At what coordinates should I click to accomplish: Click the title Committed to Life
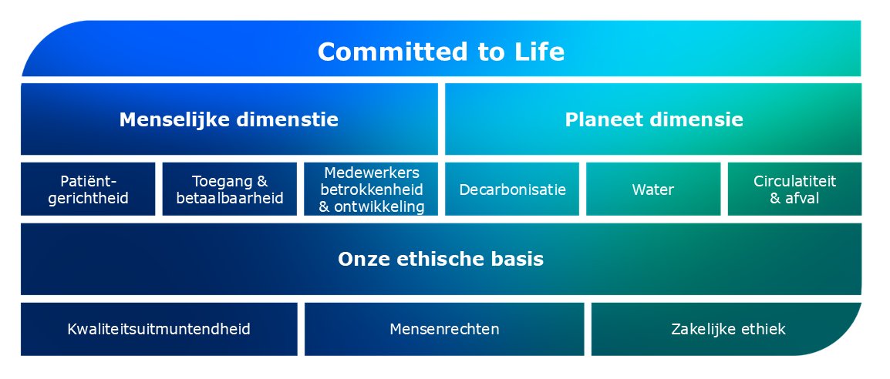point(440,52)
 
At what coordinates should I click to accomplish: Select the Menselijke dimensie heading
point(228,120)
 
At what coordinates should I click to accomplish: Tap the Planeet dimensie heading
point(653,120)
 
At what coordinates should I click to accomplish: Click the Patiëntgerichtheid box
point(88,189)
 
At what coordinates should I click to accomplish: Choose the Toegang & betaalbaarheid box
point(229,189)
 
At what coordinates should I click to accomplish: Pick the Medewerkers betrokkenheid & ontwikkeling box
point(371,189)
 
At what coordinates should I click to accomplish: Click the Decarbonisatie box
point(512,189)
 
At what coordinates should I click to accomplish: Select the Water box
point(653,189)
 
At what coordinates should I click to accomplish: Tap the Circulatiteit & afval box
point(794,189)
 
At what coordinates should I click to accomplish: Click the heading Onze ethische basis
point(440,260)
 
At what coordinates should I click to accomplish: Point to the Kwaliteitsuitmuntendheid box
point(158,330)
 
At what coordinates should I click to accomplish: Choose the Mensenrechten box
point(444,330)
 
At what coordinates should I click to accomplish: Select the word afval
point(803,198)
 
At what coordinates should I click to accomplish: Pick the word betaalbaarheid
point(229,198)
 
